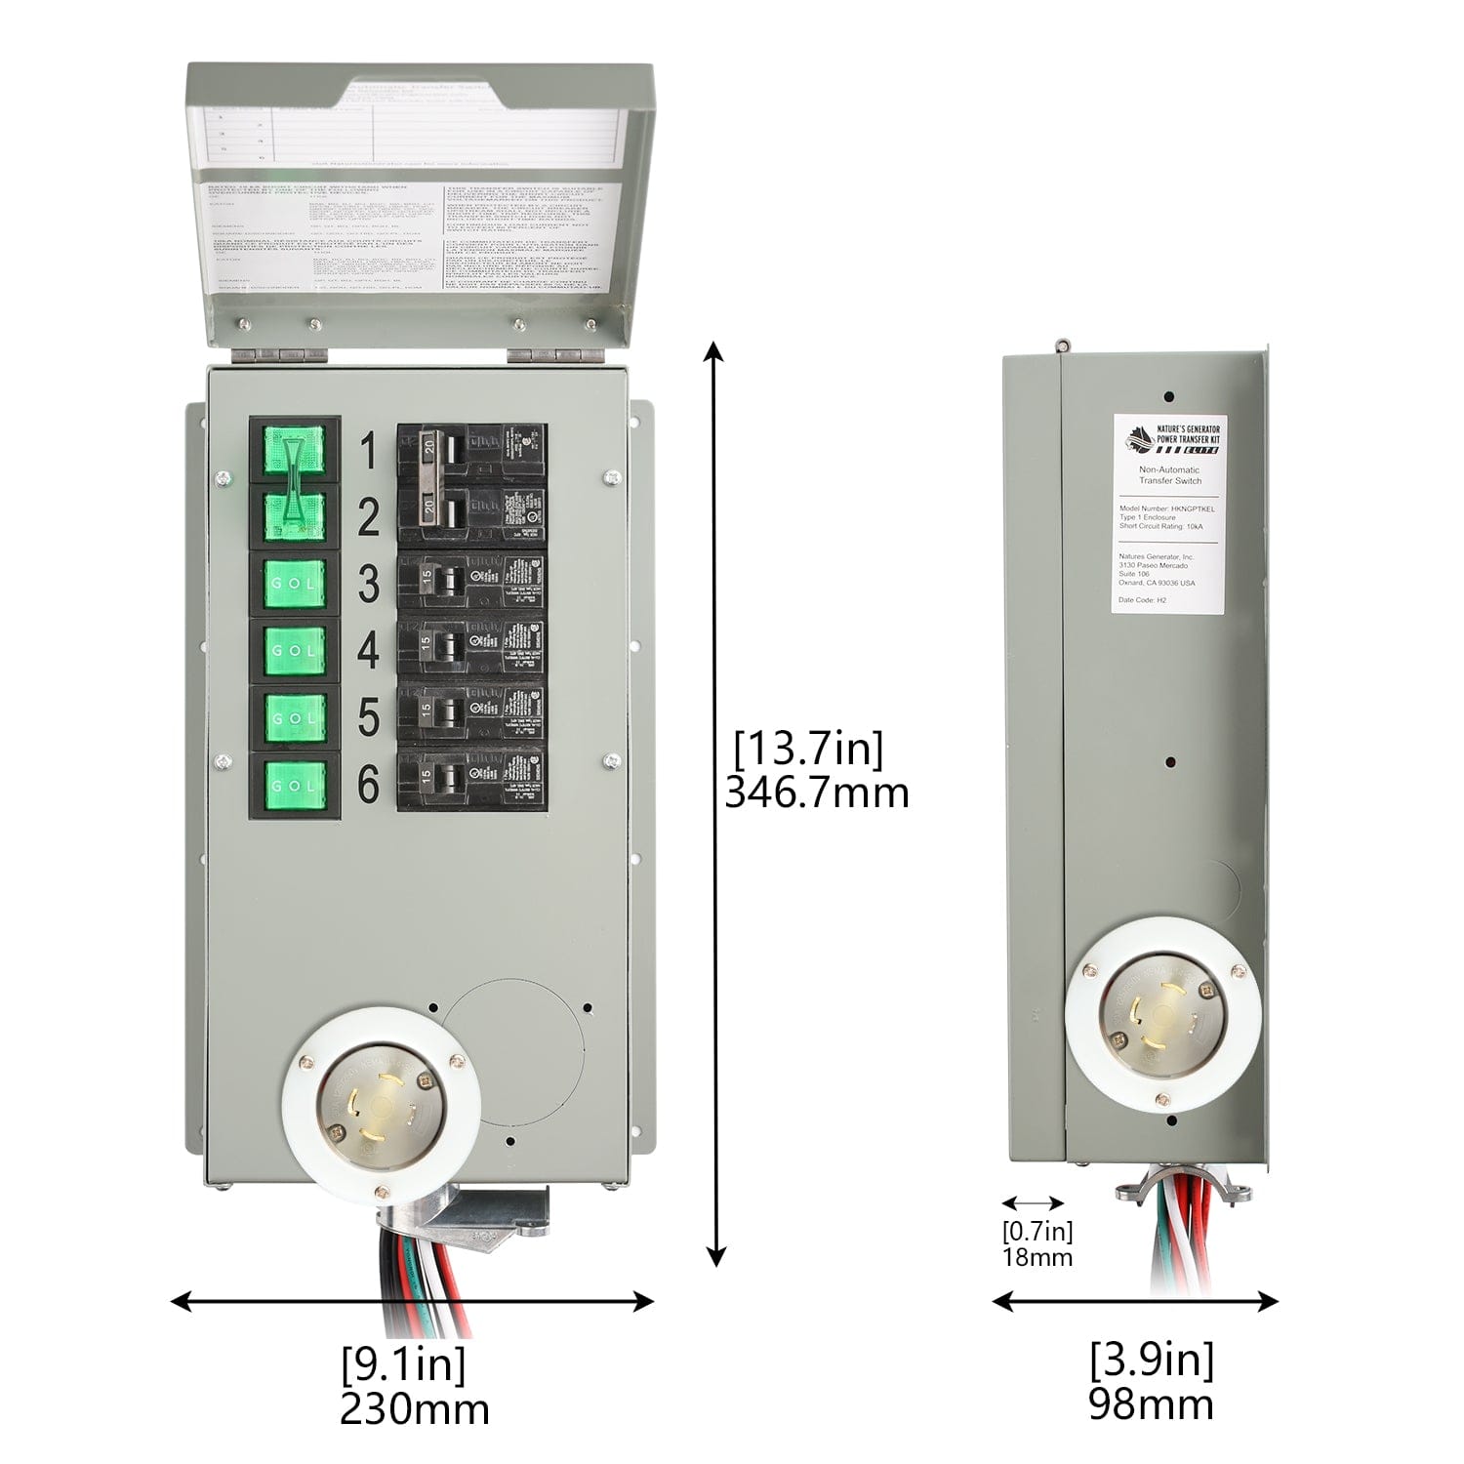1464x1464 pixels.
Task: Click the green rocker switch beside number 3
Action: coord(294,583)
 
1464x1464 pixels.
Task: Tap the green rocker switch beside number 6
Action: coord(294,785)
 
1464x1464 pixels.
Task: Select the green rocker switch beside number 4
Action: coord(294,650)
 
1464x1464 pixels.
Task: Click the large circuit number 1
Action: coord(368,452)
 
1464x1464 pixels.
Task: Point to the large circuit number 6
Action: coord(368,784)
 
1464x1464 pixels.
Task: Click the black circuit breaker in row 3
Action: coord(470,583)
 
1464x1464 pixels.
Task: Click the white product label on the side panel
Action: coord(1168,513)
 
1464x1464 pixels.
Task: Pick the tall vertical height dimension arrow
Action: coord(716,804)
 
